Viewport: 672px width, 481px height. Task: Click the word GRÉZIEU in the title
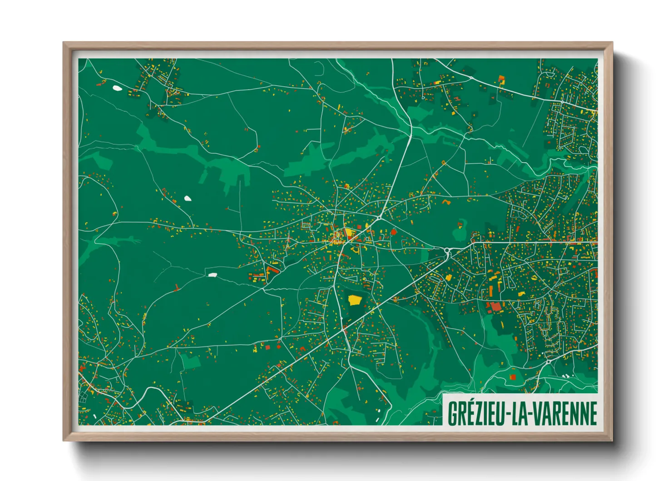[476, 413]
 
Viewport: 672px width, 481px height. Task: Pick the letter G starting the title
[452, 413]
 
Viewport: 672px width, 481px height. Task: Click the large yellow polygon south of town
[354, 300]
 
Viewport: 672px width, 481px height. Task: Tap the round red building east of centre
[394, 232]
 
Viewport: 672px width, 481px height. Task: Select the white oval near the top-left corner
[117, 88]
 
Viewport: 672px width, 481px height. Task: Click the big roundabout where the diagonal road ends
[447, 250]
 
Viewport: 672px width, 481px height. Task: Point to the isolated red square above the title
[513, 377]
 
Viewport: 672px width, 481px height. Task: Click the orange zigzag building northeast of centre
[445, 200]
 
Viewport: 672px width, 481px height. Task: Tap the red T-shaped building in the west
[177, 287]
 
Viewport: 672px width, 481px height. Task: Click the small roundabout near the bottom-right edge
[548, 361]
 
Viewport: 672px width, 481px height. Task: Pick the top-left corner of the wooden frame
[64, 43]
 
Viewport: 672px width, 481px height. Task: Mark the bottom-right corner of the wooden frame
[612, 440]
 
